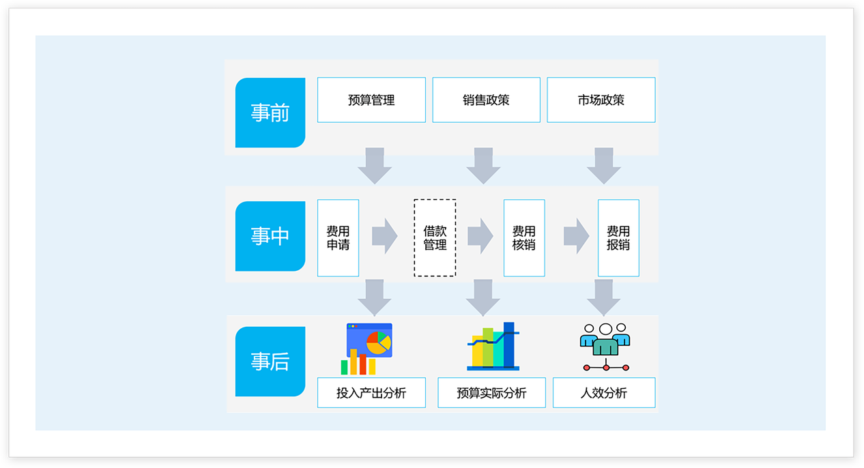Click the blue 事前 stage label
[x=270, y=113]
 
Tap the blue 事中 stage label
[x=270, y=236]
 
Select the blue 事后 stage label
[x=270, y=362]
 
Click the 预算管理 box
[x=371, y=100]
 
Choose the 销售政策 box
[x=486, y=100]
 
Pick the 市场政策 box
[x=601, y=100]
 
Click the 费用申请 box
[x=338, y=237]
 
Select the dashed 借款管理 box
[x=435, y=237]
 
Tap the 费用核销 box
[x=524, y=237]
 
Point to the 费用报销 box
[x=618, y=237]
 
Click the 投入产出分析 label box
[x=371, y=393]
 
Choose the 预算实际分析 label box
[x=491, y=393]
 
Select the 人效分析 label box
[x=604, y=393]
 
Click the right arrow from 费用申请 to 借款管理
[x=385, y=236]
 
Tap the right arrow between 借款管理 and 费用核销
[x=480, y=236]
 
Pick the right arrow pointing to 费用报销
[x=577, y=236]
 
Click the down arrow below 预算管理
[x=374, y=165]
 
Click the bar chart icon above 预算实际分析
[x=493, y=347]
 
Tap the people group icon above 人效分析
[x=605, y=347]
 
